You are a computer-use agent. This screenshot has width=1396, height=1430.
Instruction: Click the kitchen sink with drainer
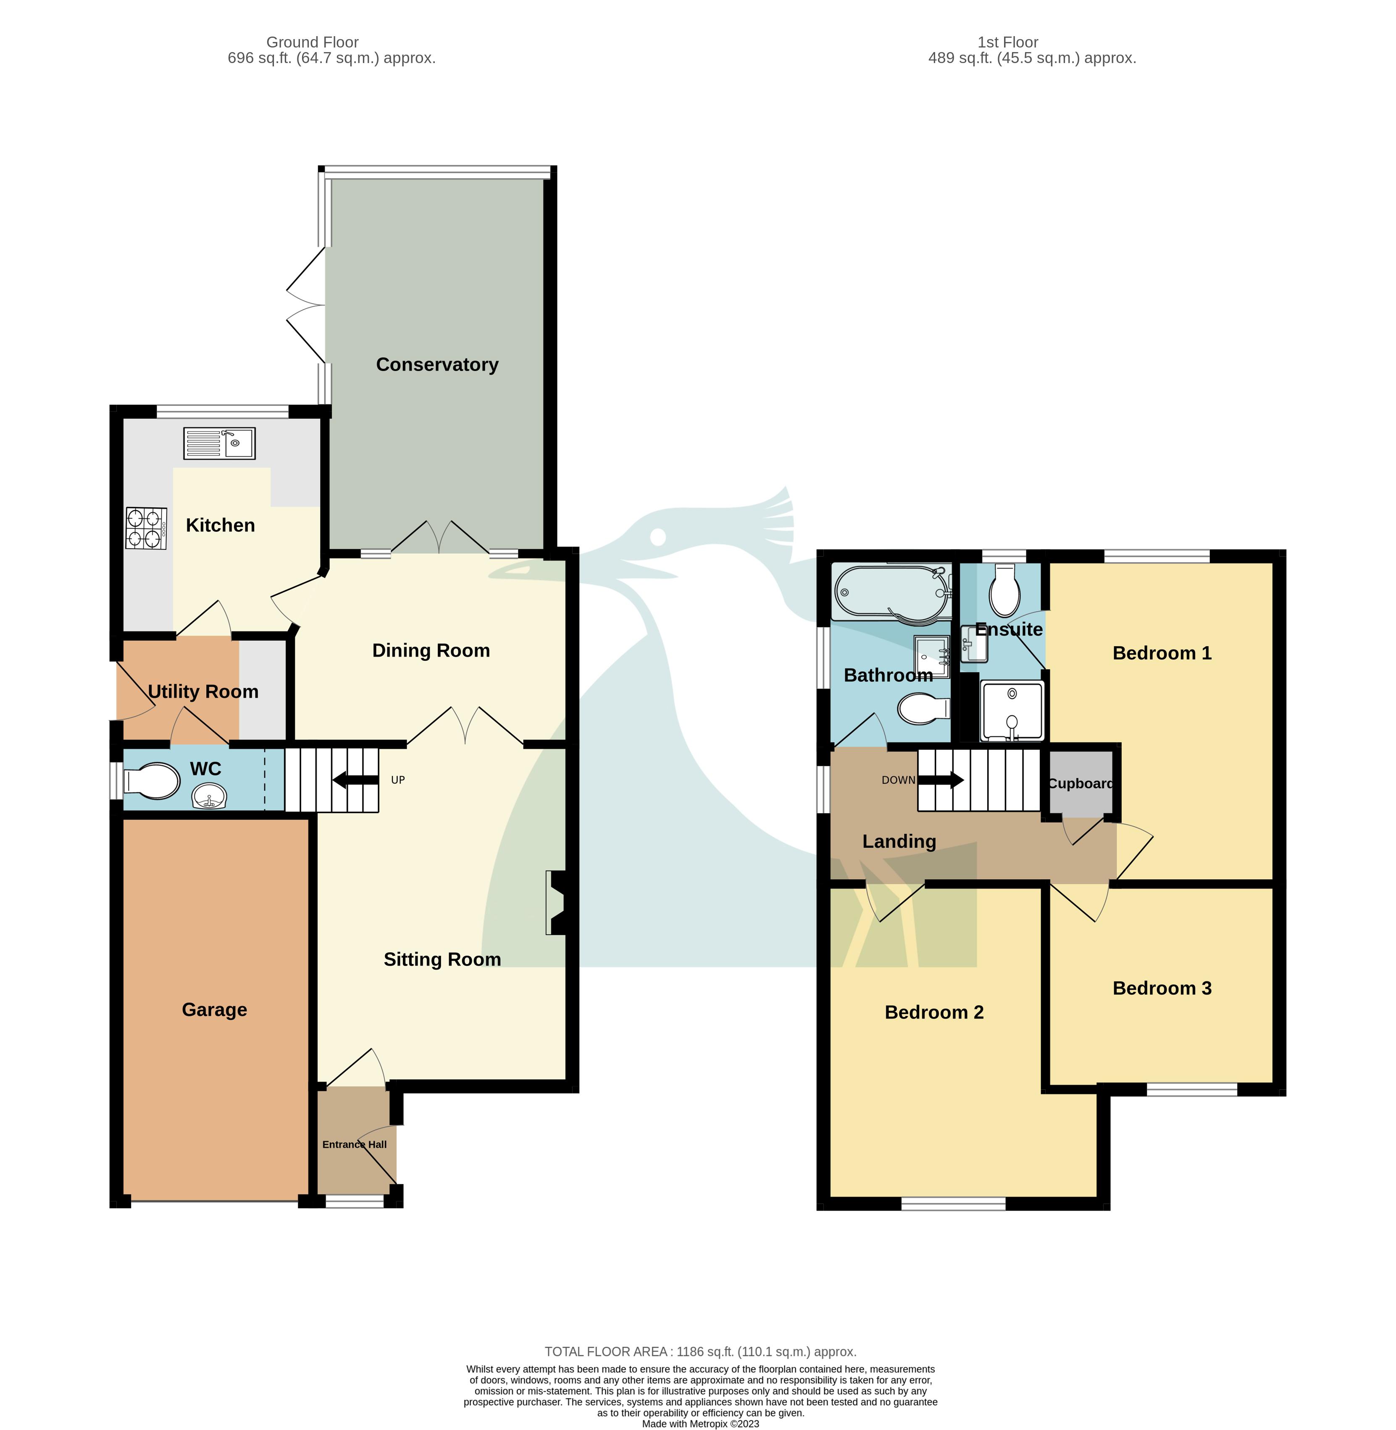(x=219, y=444)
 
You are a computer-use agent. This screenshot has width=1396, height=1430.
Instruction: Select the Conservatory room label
(x=437, y=365)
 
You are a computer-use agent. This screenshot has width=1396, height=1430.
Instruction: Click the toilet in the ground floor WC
(x=152, y=781)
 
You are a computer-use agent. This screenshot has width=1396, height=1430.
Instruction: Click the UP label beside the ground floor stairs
(x=397, y=780)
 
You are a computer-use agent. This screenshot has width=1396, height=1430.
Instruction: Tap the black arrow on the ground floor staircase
(x=355, y=780)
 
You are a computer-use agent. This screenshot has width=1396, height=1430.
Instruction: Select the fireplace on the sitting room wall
(x=557, y=903)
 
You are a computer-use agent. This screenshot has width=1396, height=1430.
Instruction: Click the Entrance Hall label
(x=354, y=1144)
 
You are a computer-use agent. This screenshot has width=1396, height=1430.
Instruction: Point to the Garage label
(x=214, y=1010)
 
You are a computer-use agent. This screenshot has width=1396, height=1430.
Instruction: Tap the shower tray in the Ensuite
(x=1012, y=711)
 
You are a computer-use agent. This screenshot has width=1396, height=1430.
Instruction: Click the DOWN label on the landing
(x=898, y=780)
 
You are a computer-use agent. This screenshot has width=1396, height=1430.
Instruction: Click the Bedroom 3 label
(x=1162, y=988)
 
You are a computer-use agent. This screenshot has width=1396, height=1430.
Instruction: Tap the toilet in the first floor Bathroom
(x=924, y=709)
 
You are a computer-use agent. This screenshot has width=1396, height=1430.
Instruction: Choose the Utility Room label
(x=203, y=691)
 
